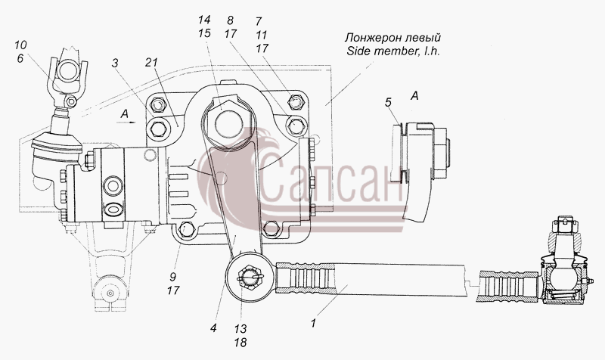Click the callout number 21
[152, 63]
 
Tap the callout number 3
[115, 64]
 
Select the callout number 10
[21, 45]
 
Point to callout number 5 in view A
[388, 102]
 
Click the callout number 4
[213, 328]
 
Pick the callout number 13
[240, 329]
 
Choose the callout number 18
[240, 343]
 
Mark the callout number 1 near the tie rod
[313, 324]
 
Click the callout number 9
[173, 277]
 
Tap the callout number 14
[204, 20]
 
